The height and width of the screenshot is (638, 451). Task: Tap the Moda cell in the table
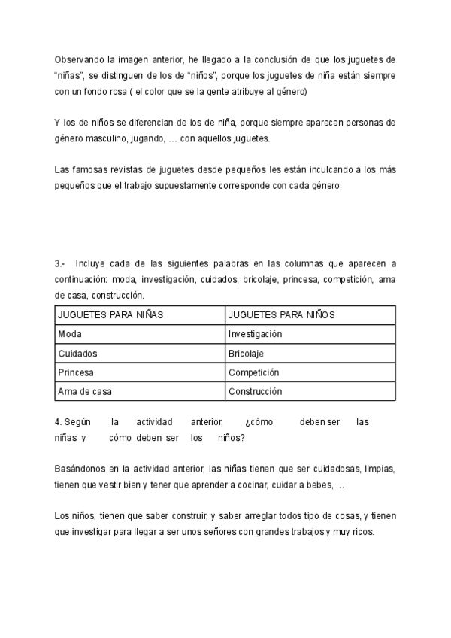(x=70, y=333)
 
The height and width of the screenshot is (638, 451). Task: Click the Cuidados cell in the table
(x=77, y=353)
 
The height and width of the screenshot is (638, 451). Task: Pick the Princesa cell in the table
(x=77, y=372)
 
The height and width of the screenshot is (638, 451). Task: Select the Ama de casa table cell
(x=85, y=391)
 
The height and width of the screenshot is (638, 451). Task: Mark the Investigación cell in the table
(x=255, y=333)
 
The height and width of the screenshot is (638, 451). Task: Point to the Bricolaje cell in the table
(x=246, y=353)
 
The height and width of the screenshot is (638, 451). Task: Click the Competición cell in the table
(x=253, y=372)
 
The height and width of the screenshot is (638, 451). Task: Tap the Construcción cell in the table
(x=255, y=391)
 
